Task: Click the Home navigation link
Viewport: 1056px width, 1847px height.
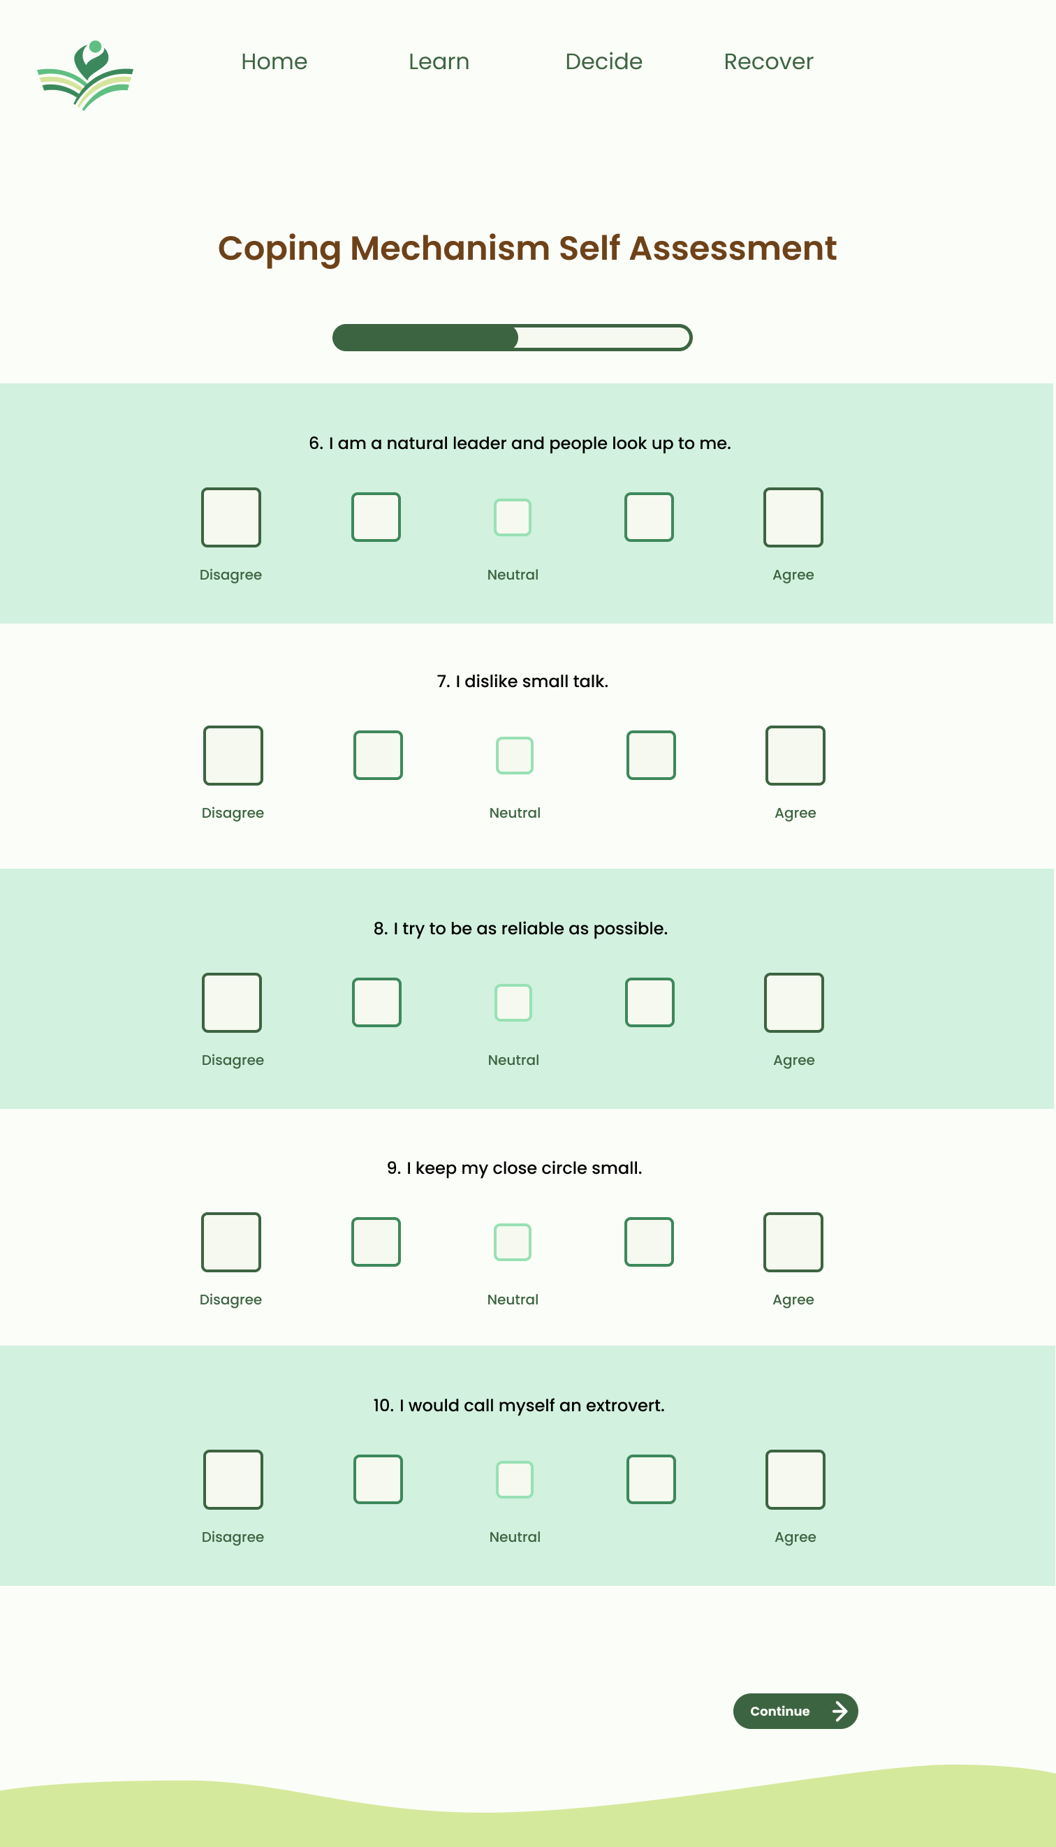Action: [x=274, y=61]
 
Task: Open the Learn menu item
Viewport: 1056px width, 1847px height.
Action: [x=439, y=61]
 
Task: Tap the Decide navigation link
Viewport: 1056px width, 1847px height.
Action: [x=603, y=61]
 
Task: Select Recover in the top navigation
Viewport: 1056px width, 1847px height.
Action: [x=768, y=61]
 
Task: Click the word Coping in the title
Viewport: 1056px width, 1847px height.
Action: [x=279, y=249]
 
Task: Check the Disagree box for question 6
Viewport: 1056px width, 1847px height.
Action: [x=230, y=517]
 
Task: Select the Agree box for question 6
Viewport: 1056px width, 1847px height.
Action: [x=793, y=517]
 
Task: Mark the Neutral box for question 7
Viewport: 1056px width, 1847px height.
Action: [x=514, y=755]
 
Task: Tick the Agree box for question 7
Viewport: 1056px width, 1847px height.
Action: [x=795, y=755]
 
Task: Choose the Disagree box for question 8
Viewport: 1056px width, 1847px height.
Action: [x=231, y=1002]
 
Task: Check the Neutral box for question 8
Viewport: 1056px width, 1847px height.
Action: [x=513, y=1002]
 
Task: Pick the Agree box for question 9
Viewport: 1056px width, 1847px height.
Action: [x=793, y=1242]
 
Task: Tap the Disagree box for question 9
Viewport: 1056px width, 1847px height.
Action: [x=230, y=1242]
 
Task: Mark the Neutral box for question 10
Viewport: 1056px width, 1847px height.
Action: [x=514, y=1479]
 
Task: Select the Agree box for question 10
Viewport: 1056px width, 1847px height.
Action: [x=795, y=1479]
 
